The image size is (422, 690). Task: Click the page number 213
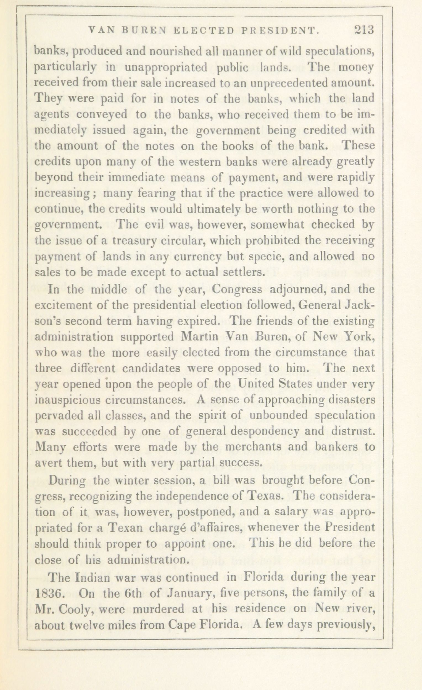[364, 30]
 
